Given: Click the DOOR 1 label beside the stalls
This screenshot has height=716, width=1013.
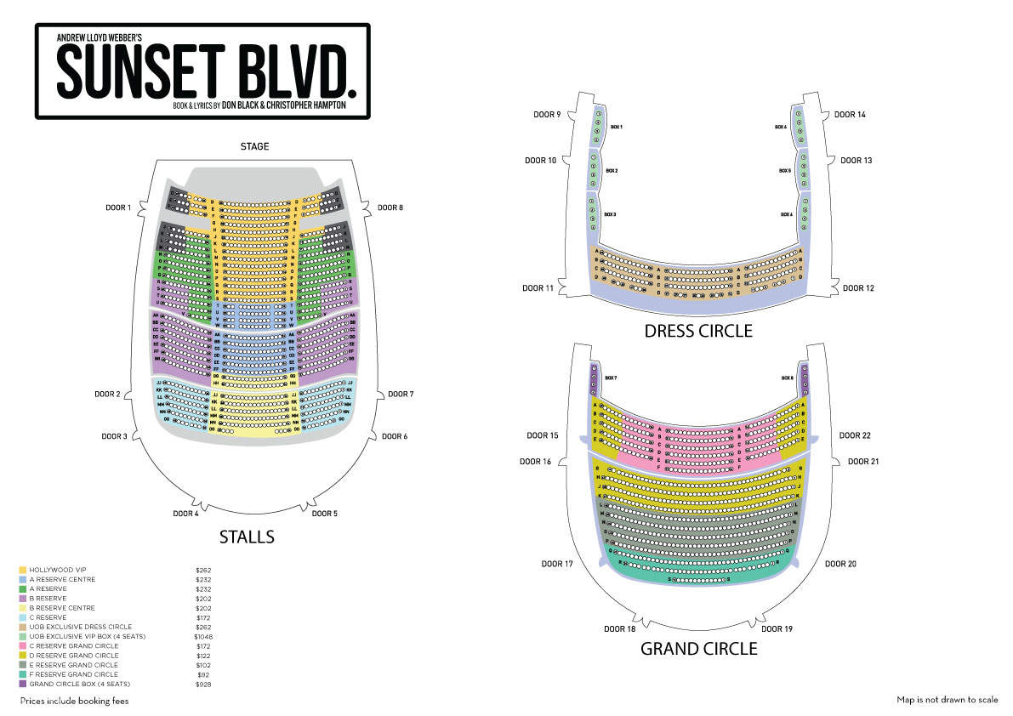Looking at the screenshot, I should (117, 207).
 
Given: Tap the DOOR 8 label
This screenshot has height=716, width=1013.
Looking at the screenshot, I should (390, 207).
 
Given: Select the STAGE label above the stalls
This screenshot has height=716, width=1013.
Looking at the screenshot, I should (254, 146).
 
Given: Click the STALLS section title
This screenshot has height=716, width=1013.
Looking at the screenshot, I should (247, 537).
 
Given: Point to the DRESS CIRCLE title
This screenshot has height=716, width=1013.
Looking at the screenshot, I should (698, 331).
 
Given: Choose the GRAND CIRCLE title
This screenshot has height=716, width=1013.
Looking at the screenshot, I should (698, 649).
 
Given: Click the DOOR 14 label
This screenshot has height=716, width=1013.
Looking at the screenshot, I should (849, 114).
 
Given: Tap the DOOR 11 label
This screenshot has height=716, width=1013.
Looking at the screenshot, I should (538, 288).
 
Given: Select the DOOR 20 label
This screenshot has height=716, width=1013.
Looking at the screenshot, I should (840, 564).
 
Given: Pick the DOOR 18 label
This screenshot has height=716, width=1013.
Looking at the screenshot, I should (619, 629).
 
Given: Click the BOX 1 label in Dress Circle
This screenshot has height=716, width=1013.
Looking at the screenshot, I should (617, 127).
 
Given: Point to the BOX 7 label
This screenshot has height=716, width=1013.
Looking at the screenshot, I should (610, 378).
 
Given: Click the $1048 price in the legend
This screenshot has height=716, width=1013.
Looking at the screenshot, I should (203, 637).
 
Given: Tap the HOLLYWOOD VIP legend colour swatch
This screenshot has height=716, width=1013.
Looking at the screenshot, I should (23, 570).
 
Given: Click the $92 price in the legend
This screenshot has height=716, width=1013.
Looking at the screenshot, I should (203, 674).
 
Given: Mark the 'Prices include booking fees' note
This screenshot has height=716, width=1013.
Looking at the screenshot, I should (74, 701).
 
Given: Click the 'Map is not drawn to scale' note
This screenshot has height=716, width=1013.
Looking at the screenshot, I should (948, 700).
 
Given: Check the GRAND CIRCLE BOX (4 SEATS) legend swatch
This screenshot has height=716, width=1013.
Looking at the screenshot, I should (23, 684).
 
